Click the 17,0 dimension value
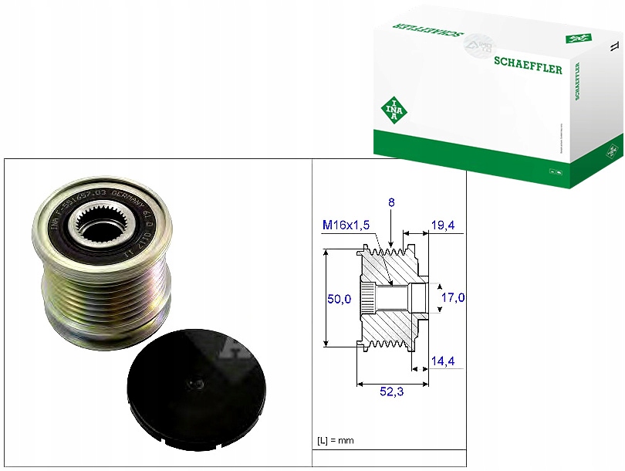click(x=453, y=297)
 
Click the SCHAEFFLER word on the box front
click(x=527, y=68)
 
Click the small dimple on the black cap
click(x=198, y=384)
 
